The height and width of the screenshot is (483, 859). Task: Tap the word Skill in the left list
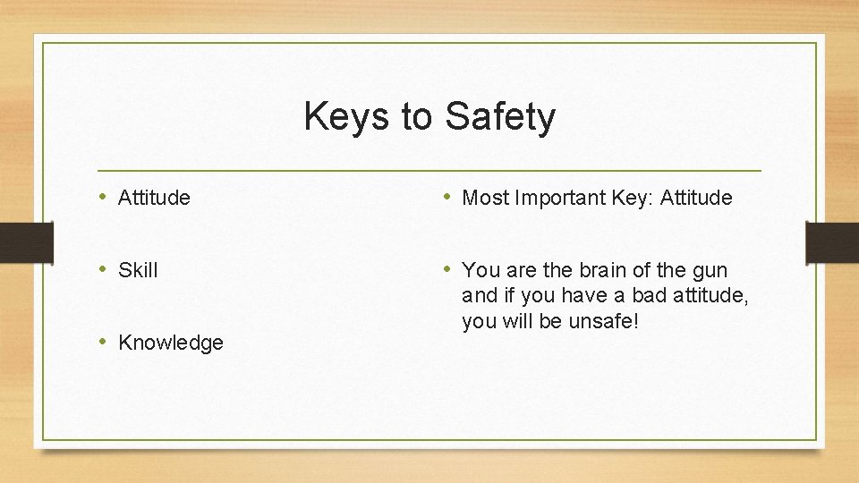point(138,270)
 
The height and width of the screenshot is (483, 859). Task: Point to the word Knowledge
point(170,343)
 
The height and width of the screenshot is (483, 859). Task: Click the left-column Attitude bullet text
point(154,198)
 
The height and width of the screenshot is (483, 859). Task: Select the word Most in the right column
point(485,198)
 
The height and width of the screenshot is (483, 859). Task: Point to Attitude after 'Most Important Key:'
point(696,198)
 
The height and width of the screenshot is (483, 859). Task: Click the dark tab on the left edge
point(15,241)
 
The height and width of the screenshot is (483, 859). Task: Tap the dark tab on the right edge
point(831,241)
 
